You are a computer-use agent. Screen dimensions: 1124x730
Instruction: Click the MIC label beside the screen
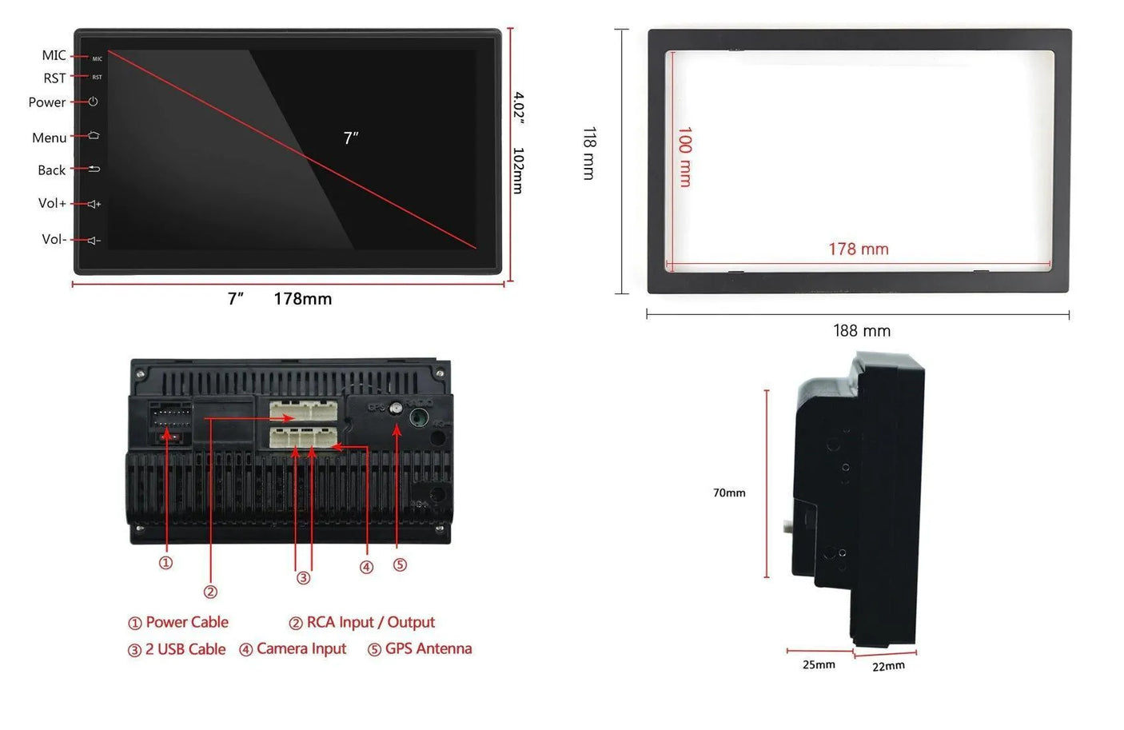pos(54,55)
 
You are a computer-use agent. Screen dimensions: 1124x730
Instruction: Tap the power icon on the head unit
pos(93,102)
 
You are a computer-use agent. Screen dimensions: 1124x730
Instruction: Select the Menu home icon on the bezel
pos(94,135)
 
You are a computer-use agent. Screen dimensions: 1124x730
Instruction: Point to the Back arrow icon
pos(94,169)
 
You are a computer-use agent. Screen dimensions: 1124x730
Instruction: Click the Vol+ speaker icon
pos(94,204)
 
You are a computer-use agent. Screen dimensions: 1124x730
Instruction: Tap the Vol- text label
pos(54,239)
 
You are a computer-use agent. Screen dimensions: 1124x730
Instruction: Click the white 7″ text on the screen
pos(351,138)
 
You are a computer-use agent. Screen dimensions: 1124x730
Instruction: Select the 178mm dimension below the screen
pos(302,299)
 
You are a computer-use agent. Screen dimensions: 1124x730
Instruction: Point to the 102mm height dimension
pos(518,170)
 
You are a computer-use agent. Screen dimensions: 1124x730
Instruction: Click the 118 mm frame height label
pos(589,153)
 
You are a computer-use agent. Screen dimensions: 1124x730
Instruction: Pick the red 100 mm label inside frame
pos(685,157)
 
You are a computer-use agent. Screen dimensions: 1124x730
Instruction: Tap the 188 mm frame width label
pos(862,331)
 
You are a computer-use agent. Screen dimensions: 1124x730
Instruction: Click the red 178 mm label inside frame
pos(858,249)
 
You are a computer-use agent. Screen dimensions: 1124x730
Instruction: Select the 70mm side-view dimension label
pos(729,493)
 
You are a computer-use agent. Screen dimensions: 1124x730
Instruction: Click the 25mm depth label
pos(819,664)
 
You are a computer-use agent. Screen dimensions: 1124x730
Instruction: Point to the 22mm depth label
pos(888,666)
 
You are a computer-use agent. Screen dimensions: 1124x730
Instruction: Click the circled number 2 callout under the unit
pos(210,592)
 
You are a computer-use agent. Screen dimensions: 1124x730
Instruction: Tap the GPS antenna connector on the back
pos(396,409)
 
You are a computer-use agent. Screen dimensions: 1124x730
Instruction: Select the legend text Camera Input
pos(301,648)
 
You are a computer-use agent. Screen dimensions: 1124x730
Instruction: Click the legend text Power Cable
pos(186,622)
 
